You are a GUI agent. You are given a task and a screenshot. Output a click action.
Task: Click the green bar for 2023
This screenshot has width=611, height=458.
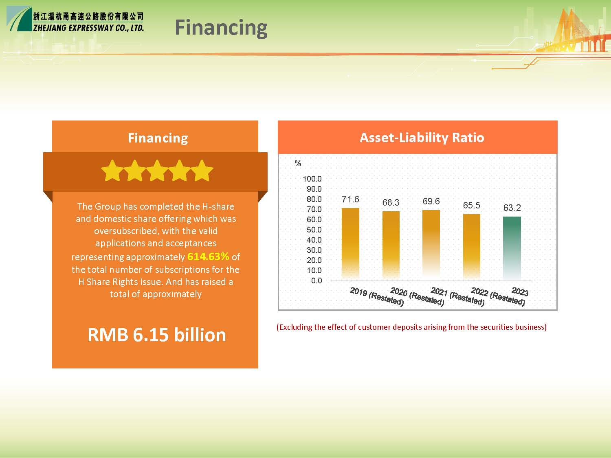click(512, 248)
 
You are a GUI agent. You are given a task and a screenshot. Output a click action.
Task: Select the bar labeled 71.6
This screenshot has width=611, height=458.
click(350, 244)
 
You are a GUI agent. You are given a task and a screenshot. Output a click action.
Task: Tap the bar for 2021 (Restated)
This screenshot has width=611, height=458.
click(431, 245)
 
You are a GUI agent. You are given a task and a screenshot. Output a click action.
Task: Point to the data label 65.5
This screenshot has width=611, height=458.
click(472, 205)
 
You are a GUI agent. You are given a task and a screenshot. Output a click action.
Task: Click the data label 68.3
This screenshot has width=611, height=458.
click(391, 202)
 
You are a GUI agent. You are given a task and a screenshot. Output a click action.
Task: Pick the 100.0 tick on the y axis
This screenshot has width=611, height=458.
click(312, 179)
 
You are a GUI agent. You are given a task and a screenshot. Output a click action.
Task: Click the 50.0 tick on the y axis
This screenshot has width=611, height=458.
click(314, 230)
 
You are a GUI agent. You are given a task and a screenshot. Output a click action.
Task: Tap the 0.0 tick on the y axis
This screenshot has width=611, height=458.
click(316, 280)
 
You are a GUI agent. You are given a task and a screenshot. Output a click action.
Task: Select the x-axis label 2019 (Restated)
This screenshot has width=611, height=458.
click(377, 296)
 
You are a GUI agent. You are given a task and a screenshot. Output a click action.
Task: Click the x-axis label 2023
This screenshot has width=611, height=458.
click(520, 291)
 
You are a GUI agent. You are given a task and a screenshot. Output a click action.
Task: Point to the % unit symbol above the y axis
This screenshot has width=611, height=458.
click(298, 163)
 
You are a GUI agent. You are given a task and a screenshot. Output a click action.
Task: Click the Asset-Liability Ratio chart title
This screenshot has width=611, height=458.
click(422, 137)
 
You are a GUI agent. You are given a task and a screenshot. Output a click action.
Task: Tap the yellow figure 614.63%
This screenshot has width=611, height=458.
click(208, 256)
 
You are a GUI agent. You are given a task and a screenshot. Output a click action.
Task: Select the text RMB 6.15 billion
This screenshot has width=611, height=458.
click(157, 335)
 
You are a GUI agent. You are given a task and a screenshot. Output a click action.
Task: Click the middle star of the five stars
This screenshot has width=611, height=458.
click(157, 171)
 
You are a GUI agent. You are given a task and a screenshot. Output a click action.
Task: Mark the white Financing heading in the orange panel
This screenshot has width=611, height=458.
click(158, 138)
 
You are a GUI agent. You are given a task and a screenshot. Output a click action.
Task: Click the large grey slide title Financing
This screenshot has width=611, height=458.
click(221, 28)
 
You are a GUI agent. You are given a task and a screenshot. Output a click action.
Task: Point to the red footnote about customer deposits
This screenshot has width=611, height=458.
click(412, 327)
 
